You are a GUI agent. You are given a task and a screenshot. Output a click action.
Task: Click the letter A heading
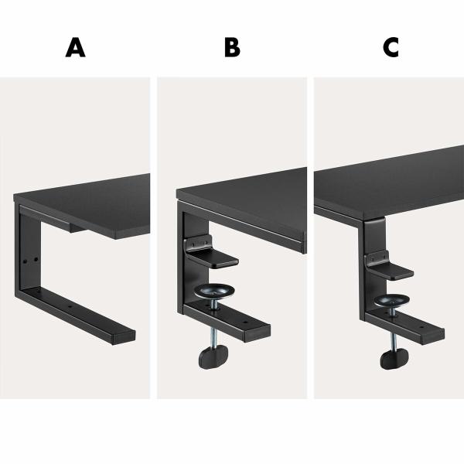point(75,48)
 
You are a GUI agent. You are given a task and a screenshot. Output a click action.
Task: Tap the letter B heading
point(232,48)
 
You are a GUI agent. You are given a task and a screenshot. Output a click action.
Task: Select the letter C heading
point(391,48)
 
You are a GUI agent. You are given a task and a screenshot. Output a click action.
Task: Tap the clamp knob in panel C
point(395,358)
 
